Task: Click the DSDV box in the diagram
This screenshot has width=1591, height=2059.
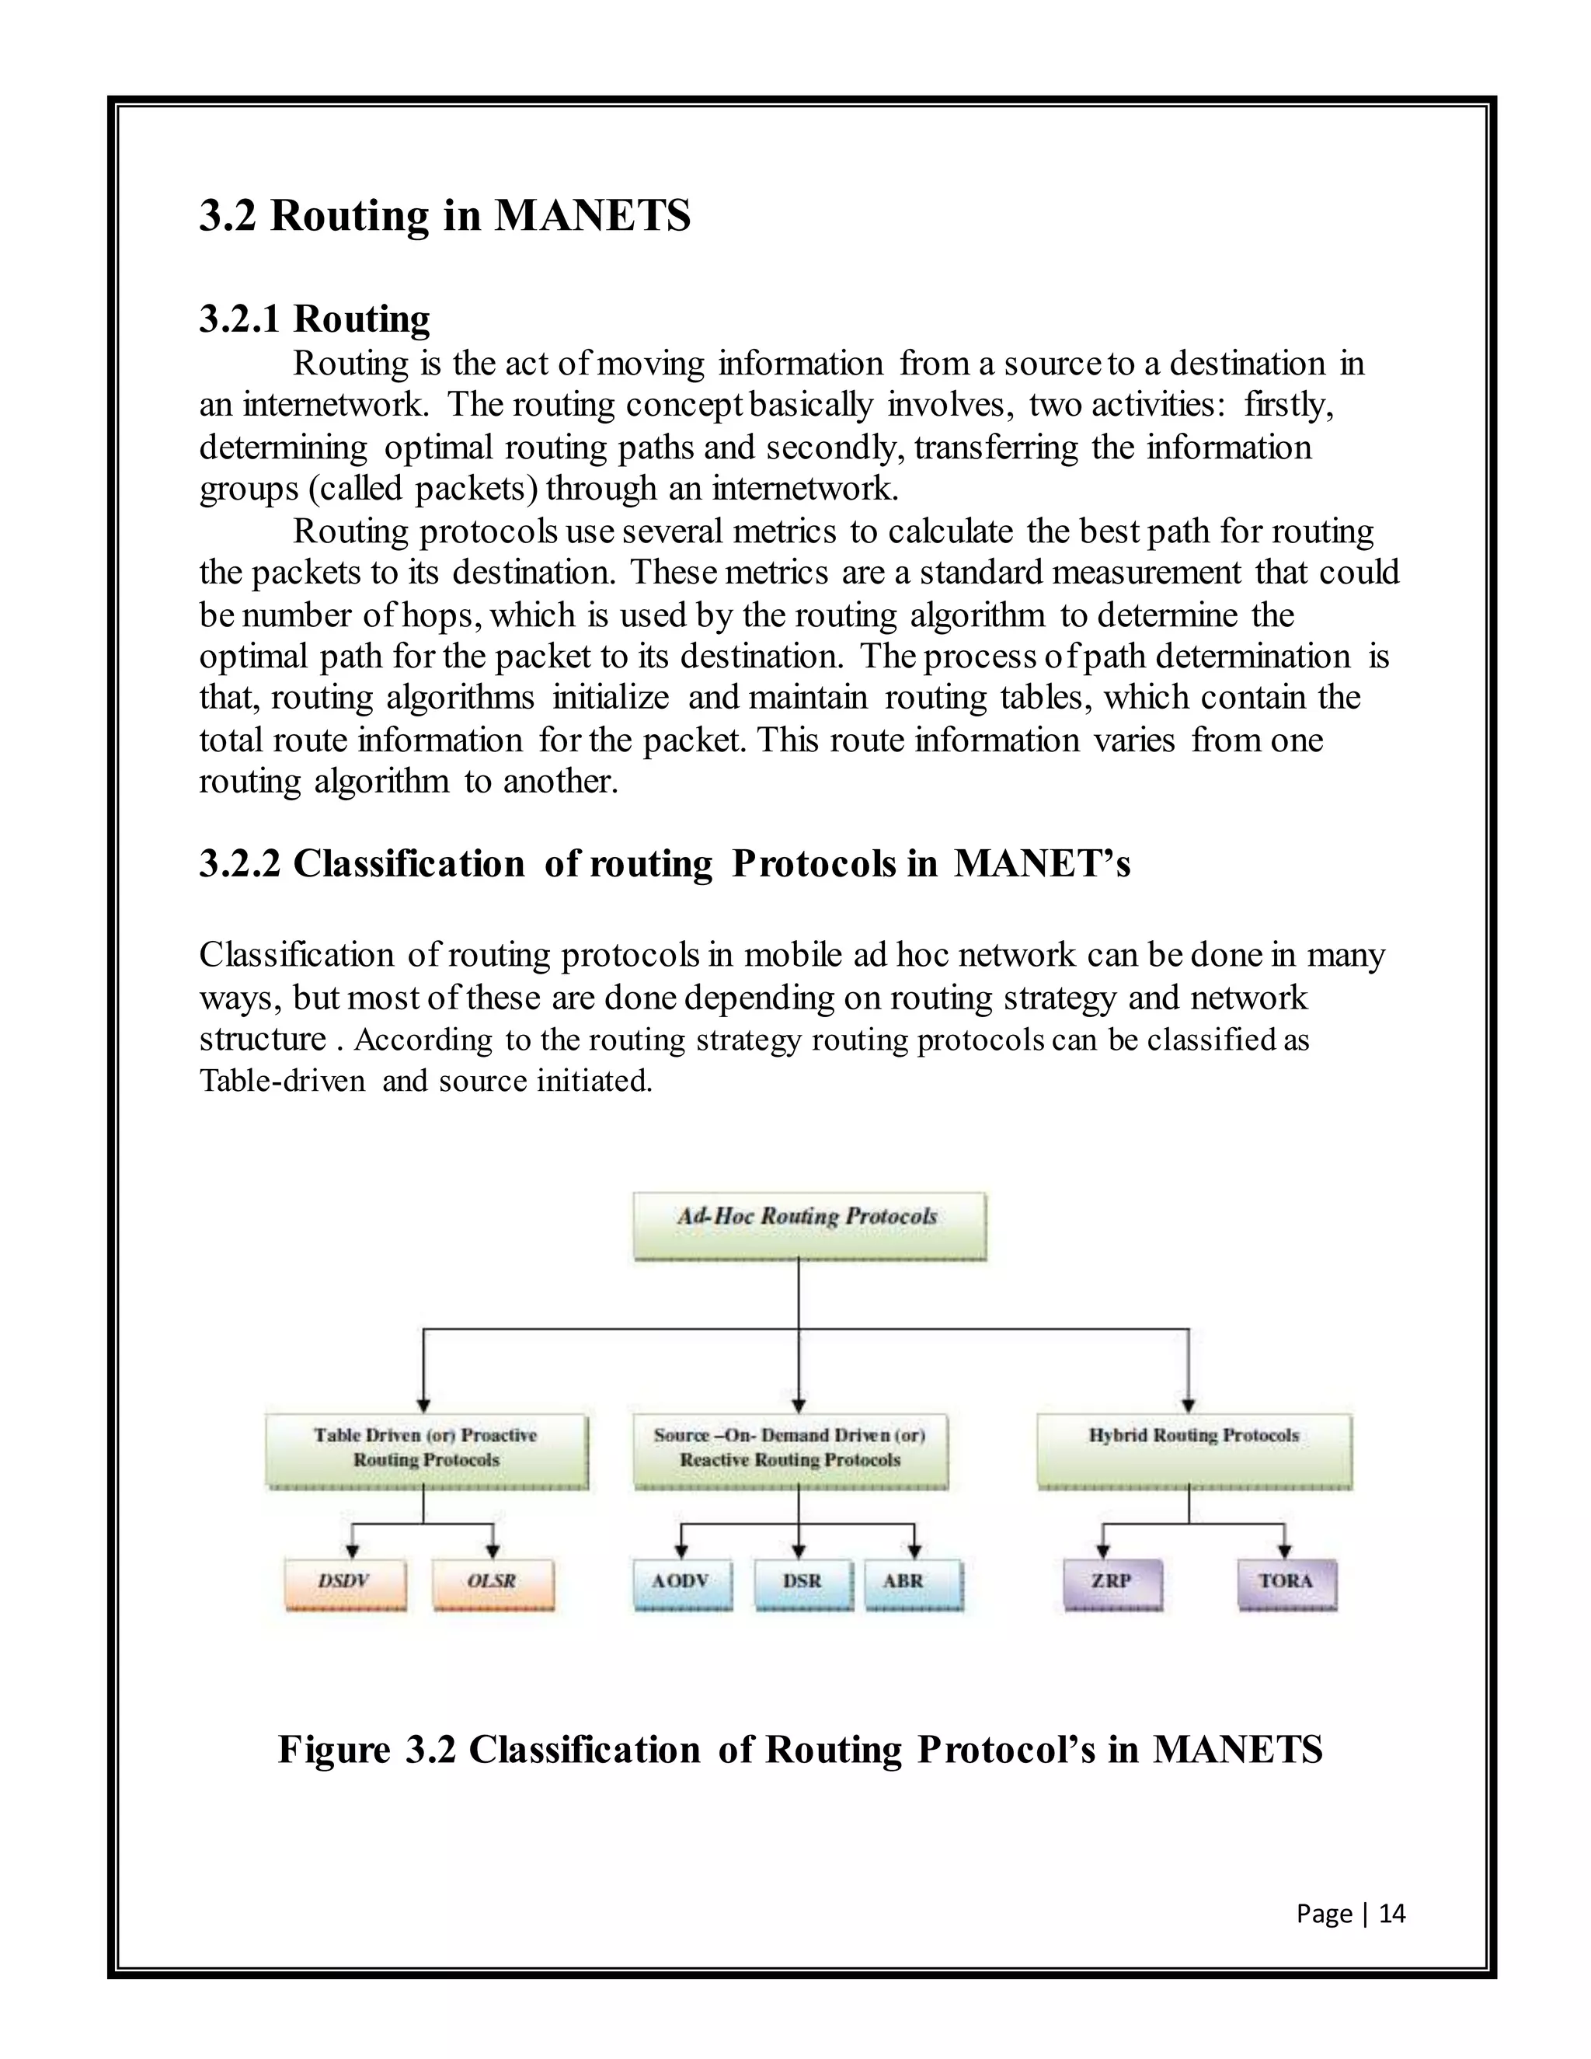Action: pos(345,1585)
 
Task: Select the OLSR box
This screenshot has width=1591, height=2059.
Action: pos(493,1585)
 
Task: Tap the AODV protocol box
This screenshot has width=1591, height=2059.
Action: pos(681,1585)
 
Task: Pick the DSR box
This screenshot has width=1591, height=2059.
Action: pos(802,1585)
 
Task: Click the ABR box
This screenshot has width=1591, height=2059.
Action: pos(912,1585)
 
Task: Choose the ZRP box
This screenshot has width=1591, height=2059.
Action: pos(1112,1585)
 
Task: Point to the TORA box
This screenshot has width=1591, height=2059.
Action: pos(1286,1585)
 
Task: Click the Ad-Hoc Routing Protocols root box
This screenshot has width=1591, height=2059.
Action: pos(809,1225)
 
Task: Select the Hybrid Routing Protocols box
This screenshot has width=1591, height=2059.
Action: pos(1193,1450)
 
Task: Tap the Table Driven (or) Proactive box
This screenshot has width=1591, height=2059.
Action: pos(426,1450)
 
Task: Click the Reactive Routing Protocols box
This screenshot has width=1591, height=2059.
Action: pos(790,1450)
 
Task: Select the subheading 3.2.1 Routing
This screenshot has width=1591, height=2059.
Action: pos(314,319)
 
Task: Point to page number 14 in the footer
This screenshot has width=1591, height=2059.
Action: pos(1391,1913)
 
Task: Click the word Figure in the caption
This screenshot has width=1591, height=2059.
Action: pos(333,1750)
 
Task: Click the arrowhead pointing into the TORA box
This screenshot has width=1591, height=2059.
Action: pos(1283,1552)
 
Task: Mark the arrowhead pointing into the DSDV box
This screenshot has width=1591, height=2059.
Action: pos(352,1552)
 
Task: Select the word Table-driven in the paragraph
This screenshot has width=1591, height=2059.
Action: pos(282,1081)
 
